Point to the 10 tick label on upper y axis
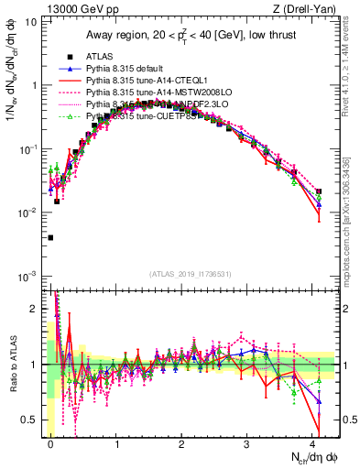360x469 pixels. pyautogui.click(x=29, y=21)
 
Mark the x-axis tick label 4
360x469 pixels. pyautogui.click(x=312, y=443)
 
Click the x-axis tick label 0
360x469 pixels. pyautogui.click(x=51, y=443)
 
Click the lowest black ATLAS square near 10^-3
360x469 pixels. pyautogui.click(x=50, y=238)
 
